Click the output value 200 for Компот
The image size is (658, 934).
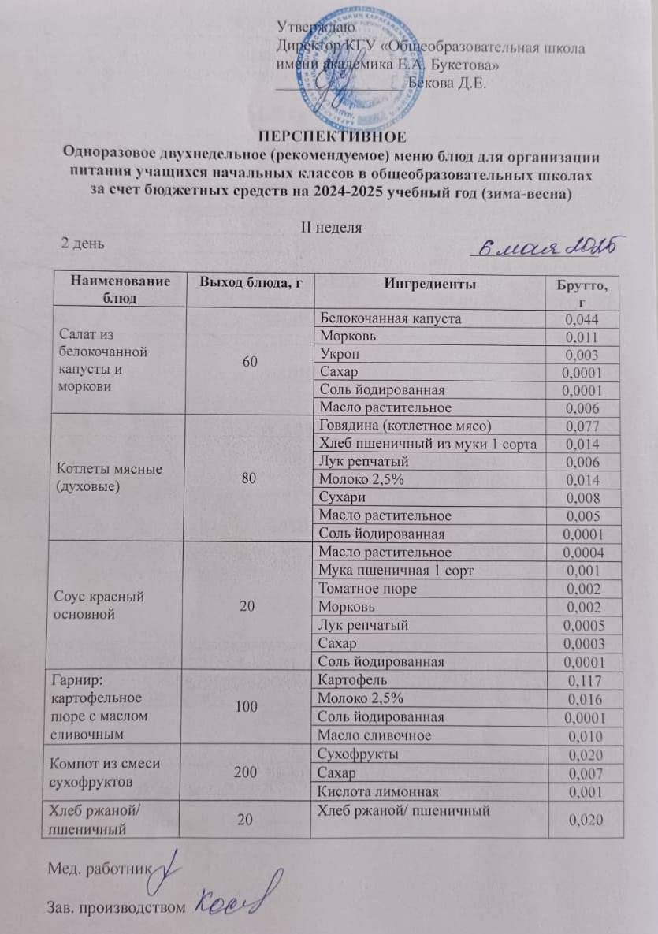[247, 772]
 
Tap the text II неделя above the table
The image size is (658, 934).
[329, 227]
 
